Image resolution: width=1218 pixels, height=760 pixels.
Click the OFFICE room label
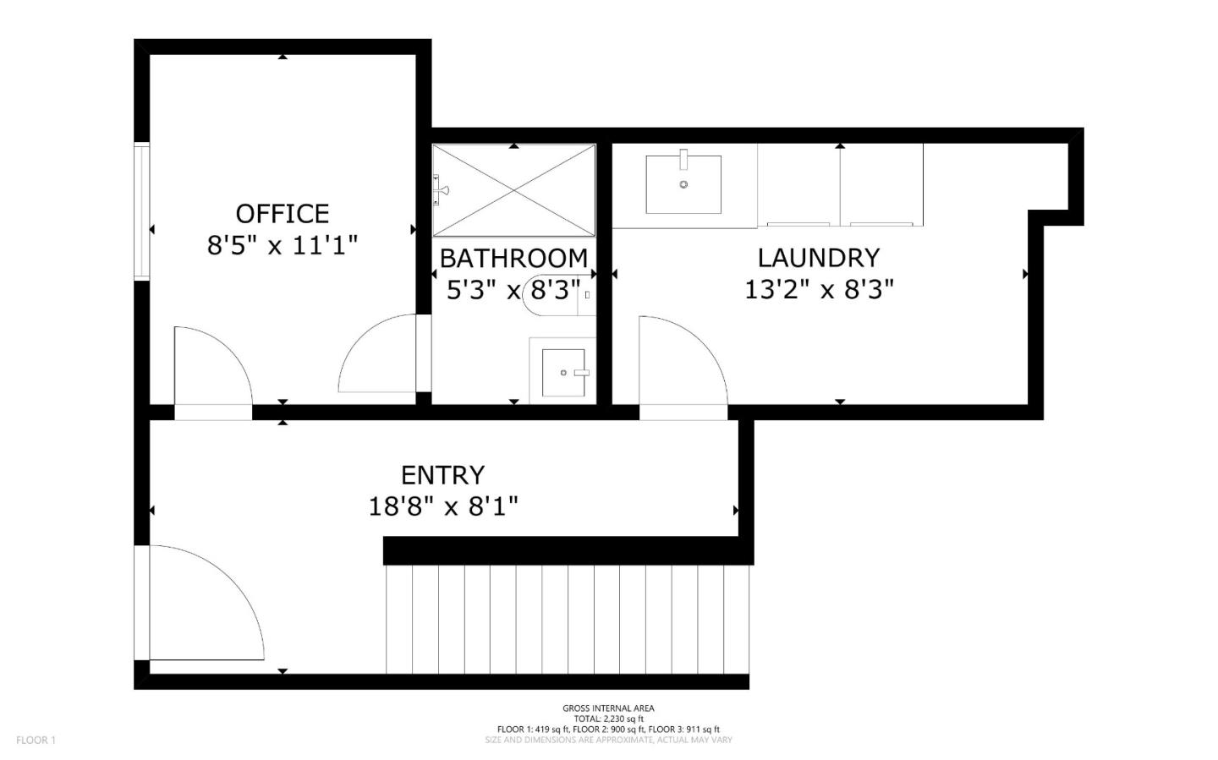282,213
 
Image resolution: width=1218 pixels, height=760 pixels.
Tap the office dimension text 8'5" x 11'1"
282,246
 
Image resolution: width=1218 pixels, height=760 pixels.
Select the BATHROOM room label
513,258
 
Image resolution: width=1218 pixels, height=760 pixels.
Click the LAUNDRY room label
818,258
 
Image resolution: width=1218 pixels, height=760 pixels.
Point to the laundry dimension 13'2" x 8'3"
818,290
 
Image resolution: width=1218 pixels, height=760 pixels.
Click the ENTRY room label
442,475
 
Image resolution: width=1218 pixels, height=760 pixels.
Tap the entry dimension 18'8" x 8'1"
442,507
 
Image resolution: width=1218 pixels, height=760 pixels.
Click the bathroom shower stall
513,190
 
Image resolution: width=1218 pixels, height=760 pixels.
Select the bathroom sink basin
563,372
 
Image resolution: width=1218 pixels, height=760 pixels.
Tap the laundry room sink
683,183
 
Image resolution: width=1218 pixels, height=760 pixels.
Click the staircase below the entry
567,619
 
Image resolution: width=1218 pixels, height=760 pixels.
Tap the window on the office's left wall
141,211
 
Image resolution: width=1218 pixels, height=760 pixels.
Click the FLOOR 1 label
36,741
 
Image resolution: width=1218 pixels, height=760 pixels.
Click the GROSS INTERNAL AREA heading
608,708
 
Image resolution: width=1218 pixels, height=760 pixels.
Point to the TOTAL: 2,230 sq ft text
608,719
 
